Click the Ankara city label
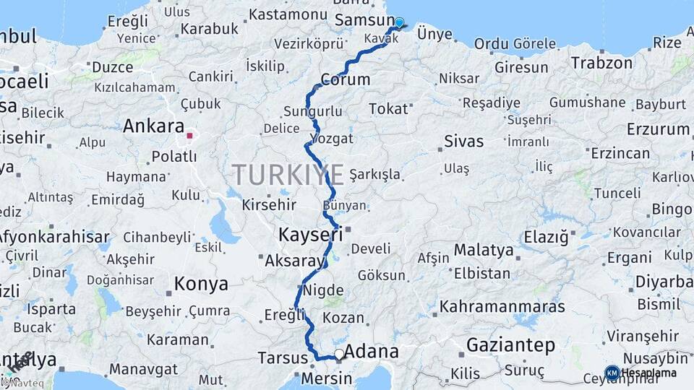[x=153, y=126]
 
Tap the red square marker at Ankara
[x=189, y=135]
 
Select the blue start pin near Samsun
[x=399, y=23]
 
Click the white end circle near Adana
[x=338, y=354]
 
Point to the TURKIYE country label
[x=288, y=175]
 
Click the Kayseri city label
[x=310, y=235]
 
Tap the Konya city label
[x=201, y=284]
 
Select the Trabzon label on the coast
[x=601, y=63]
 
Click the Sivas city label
[x=463, y=141]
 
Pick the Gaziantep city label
[x=510, y=345]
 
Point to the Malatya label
[x=484, y=251]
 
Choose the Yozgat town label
[x=331, y=138]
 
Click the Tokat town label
[x=388, y=109]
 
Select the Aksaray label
[x=294, y=261]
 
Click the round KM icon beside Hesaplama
[x=612, y=373]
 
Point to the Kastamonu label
[x=287, y=14]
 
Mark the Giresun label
[x=520, y=67]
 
